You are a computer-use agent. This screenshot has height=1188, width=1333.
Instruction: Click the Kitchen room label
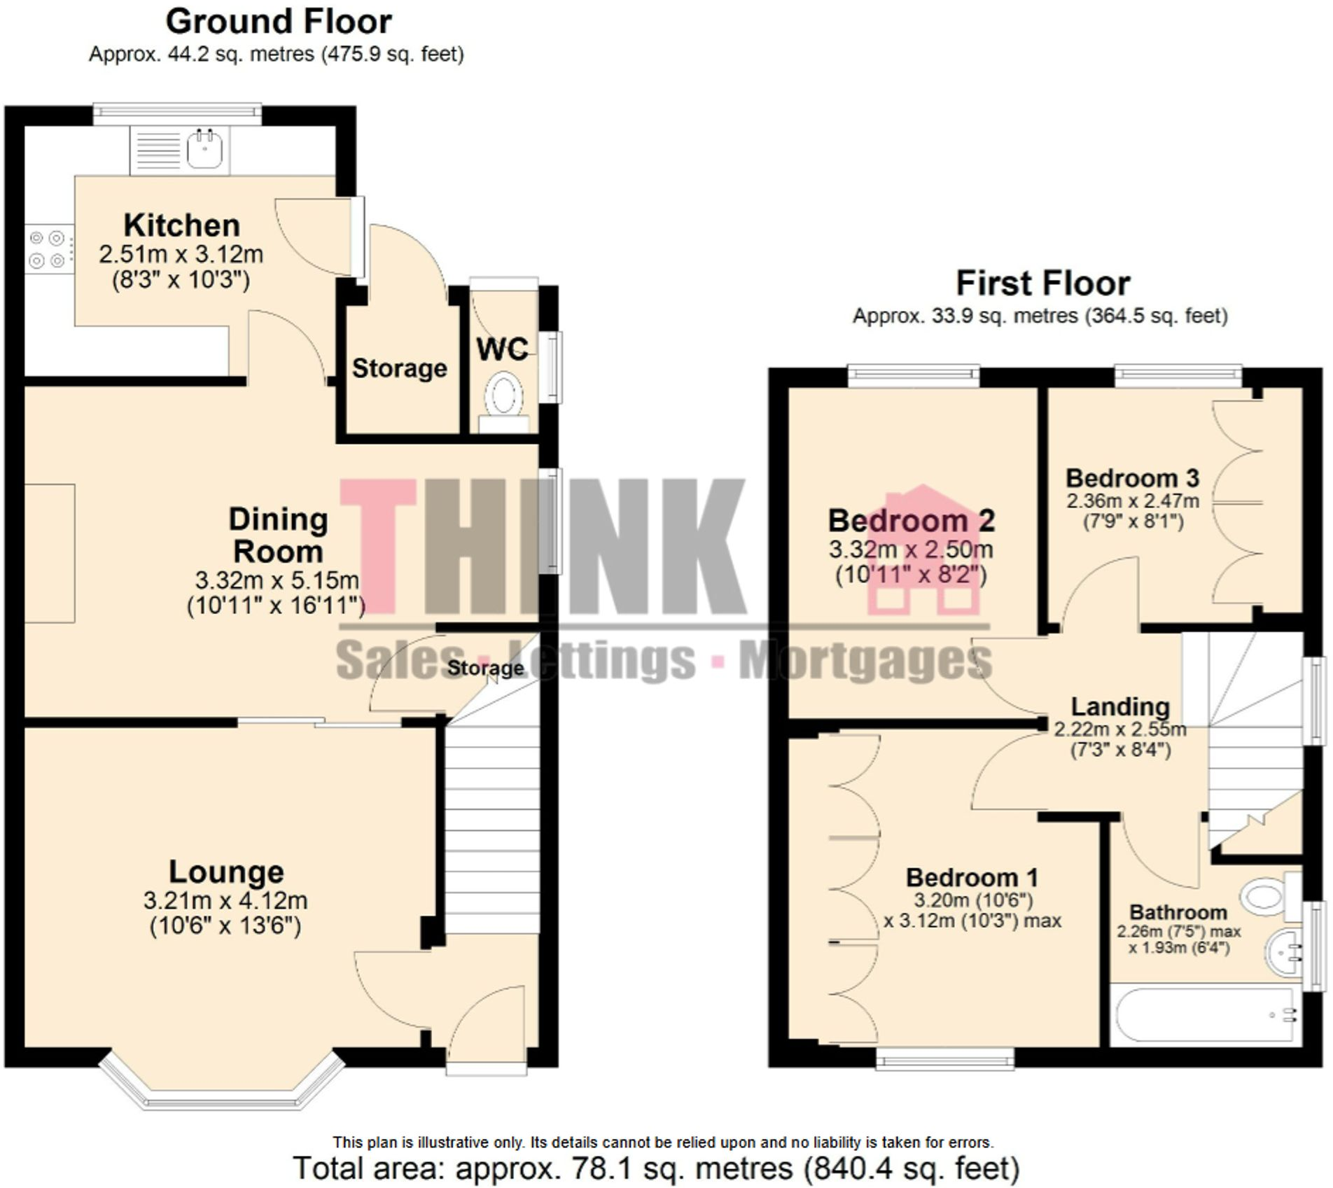(181, 225)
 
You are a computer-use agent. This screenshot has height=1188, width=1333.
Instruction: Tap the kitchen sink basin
(205, 149)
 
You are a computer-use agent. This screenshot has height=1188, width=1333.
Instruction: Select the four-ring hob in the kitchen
(48, 249)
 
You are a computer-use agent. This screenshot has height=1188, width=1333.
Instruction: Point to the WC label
(502, 349)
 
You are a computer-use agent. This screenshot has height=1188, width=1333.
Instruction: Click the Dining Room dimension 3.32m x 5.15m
(277, 580)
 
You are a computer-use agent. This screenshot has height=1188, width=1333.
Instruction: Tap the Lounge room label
(226, 872)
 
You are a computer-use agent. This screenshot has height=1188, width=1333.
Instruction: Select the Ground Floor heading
(278, 22)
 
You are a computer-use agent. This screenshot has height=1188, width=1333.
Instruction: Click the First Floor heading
(1042, 284)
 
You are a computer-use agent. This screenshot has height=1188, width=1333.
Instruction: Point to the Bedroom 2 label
(911, 521)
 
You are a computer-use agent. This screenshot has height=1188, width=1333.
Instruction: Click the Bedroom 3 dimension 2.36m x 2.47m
(1132, 501)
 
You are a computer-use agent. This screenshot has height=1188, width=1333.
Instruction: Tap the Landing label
(1120, 706)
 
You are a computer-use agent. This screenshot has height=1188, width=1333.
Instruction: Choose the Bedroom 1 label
(972, 877)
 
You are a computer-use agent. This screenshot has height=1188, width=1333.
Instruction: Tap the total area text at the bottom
(656, 1168)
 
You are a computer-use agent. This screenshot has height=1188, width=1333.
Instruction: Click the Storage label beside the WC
(399, 368)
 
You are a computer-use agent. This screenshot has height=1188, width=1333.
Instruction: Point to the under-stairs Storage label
(484, 668)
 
